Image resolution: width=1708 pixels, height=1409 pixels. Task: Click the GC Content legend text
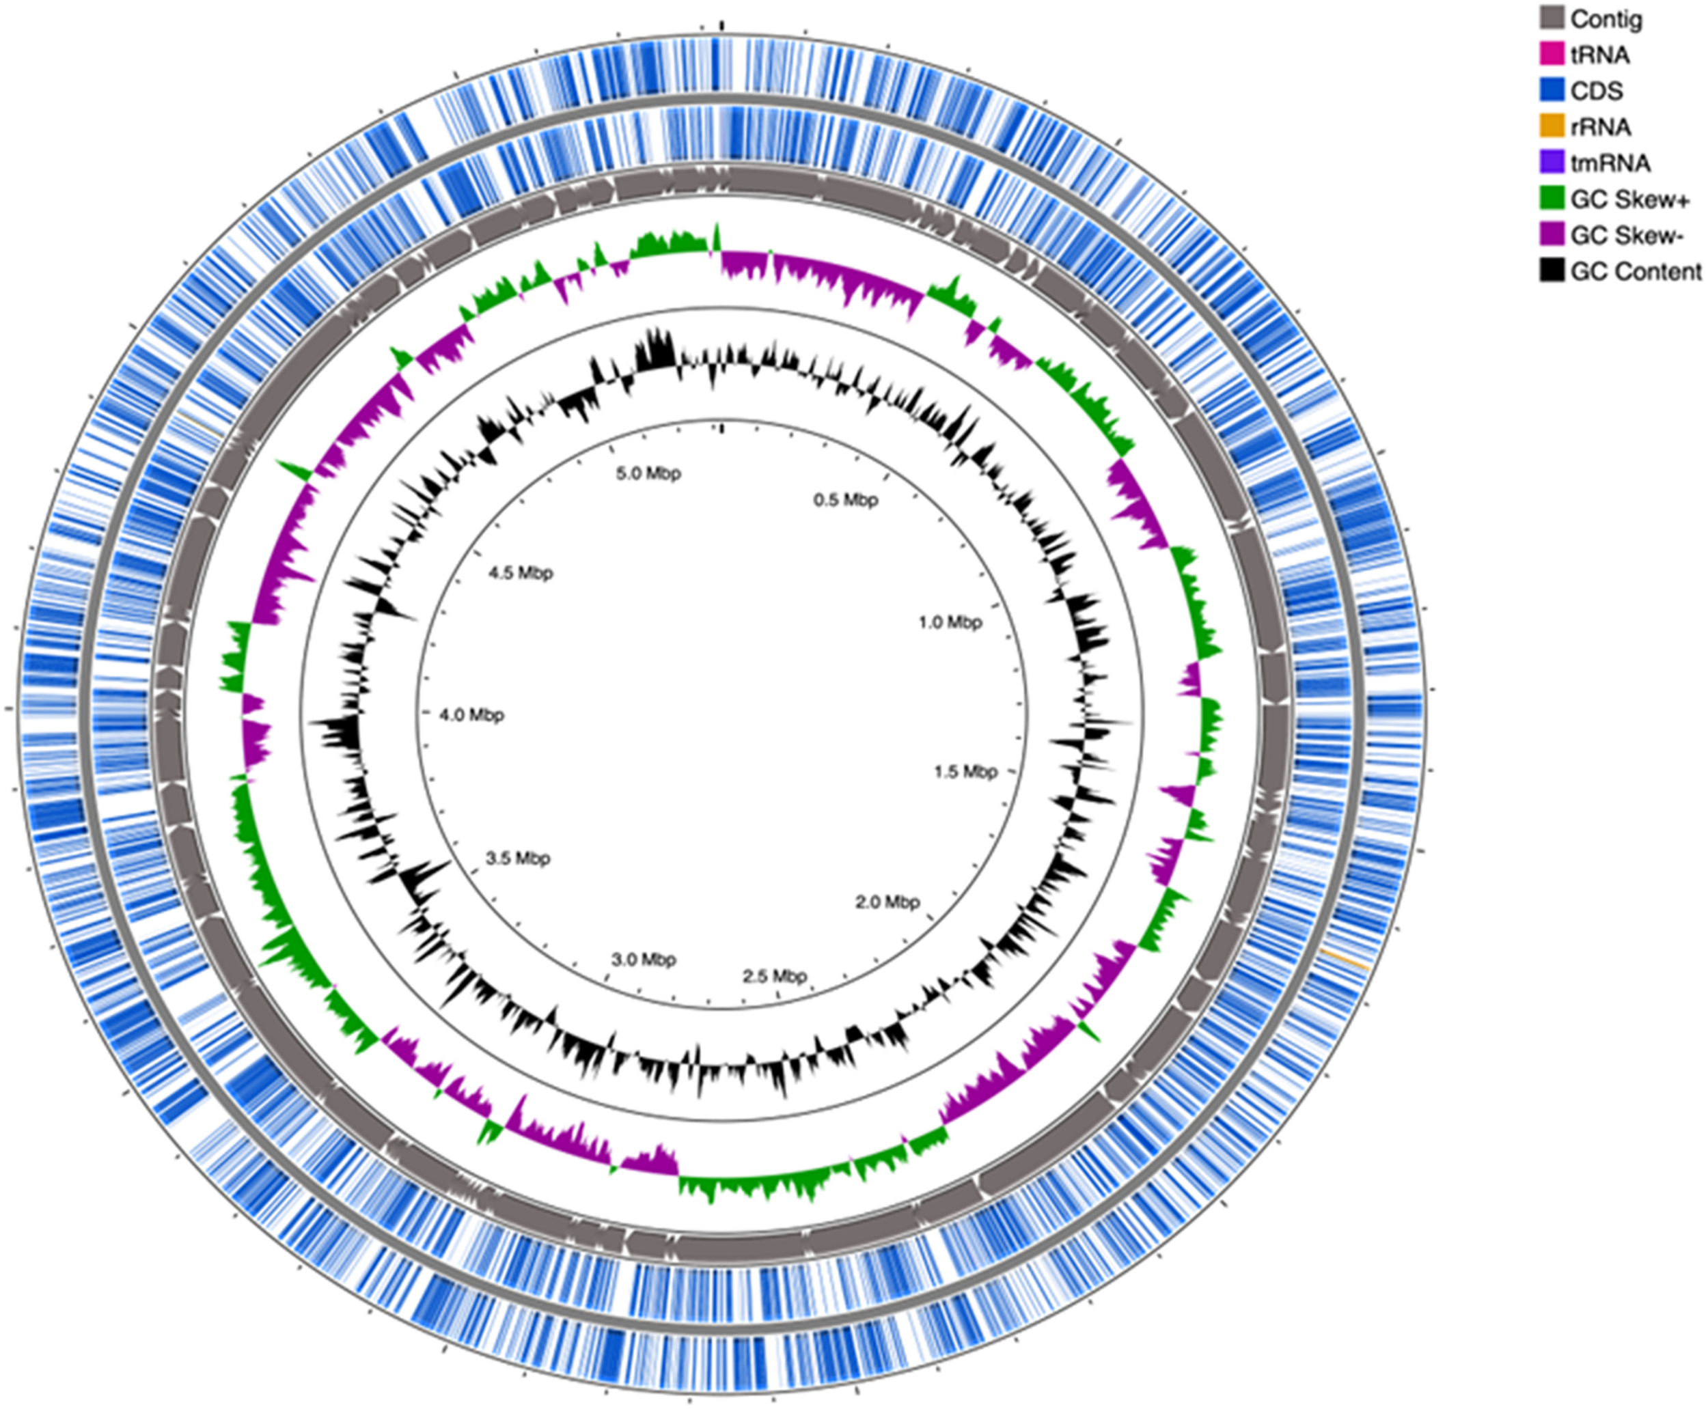click(1636, 271)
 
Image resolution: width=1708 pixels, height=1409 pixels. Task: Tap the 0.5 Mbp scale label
click(846, 500)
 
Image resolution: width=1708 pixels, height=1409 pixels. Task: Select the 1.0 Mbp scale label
click(950, 622)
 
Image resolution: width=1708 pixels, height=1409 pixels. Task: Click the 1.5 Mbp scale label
click(965, 771)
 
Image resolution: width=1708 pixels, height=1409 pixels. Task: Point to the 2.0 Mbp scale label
click(887, 902)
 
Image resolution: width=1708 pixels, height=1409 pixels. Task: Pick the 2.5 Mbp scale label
click(775, 975)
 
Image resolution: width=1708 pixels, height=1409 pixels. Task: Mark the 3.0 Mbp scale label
click(644, 960)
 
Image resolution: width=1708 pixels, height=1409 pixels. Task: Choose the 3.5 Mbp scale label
click(518, 858)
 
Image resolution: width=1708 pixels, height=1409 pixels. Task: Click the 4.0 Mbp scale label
click(471, 715)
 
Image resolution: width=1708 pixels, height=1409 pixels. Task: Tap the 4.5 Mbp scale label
click(521, 573)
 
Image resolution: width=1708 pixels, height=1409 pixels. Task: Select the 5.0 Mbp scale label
click(648, 473)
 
